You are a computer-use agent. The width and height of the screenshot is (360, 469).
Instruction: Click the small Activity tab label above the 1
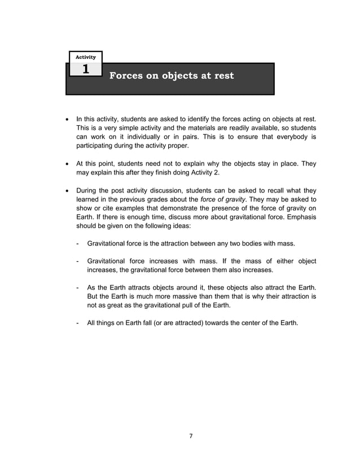pyautogui.click(x=85, y=57)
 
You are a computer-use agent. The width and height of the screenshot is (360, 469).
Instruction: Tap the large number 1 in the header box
pyautogui.click(x=85, y=70)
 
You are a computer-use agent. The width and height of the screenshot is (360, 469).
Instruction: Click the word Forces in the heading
pyautogui.click(x=125, y=76)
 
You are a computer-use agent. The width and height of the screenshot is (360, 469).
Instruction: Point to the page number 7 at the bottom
pyautogui.click(x=191, y=436)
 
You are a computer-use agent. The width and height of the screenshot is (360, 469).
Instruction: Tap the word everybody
pyautogui.click(x=288, y=137)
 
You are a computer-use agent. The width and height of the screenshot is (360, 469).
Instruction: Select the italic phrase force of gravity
pyautogui.click(x=221, y=200)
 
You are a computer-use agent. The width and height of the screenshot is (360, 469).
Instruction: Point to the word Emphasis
pyautogui.click(x=296, y=218)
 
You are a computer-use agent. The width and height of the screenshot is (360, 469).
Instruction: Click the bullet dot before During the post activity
pyautogui.click(x=68, y=190)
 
